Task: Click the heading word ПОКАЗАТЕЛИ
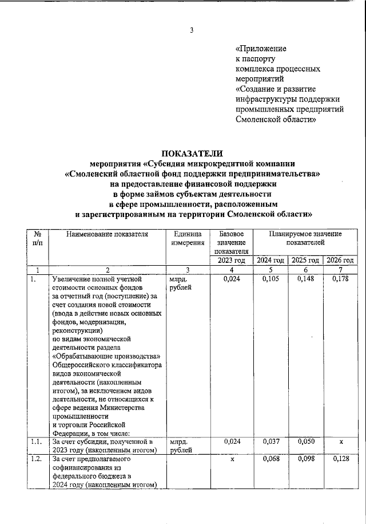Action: coord(191,153)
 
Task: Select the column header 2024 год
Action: coord(270,261)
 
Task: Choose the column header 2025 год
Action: coord(305,261)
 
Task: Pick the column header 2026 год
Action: coord(340,261)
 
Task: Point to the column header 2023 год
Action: coord(231,261)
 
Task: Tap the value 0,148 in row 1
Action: coord(305,279)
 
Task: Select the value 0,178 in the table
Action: coord(340,279)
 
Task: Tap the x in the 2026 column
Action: coord(341,442)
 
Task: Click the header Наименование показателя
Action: coord(107,234)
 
